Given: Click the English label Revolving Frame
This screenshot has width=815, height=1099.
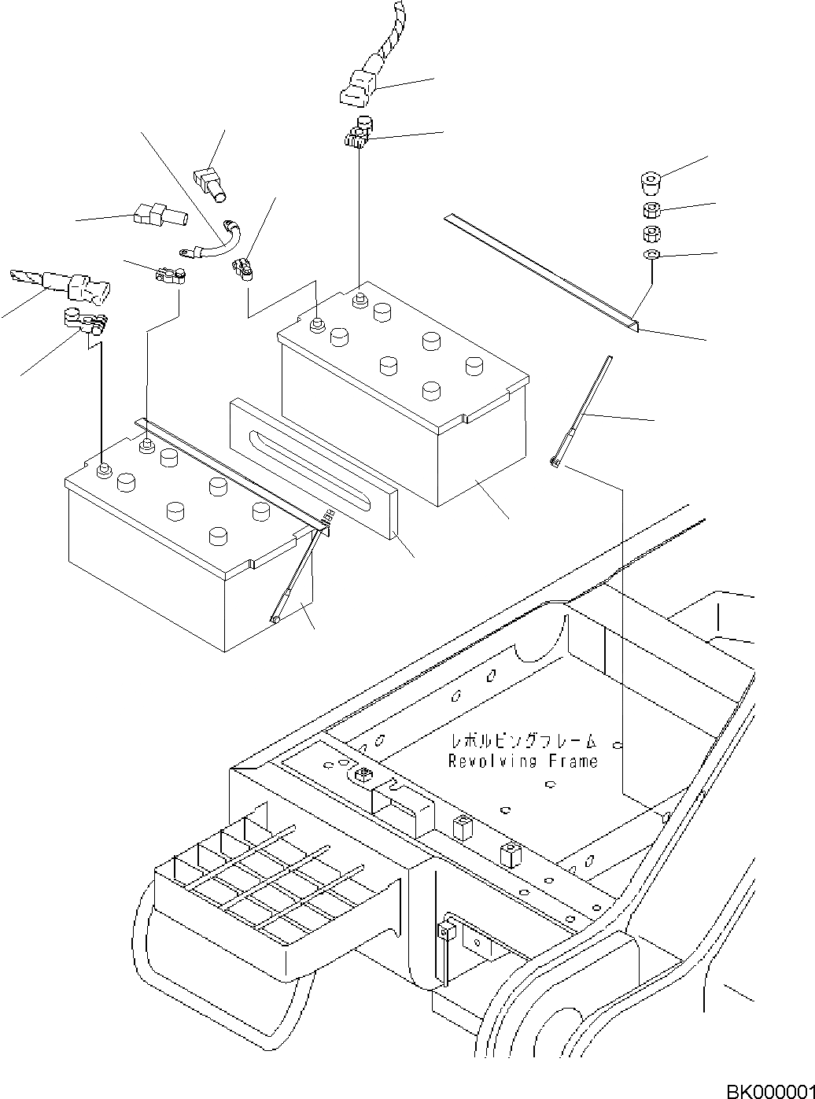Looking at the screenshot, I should coord(522,761).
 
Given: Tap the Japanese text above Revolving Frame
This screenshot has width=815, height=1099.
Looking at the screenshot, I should coord(522,741).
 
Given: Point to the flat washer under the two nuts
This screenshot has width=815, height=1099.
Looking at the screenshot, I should coord(651,255).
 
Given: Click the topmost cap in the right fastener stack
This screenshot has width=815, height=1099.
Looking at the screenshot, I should coord(650,186).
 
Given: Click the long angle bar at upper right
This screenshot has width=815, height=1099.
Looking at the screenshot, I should coord(543,268).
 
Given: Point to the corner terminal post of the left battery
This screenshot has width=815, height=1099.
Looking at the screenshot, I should coord(103,470).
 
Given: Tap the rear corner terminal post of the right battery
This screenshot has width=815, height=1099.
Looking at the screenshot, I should coord(360,298).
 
